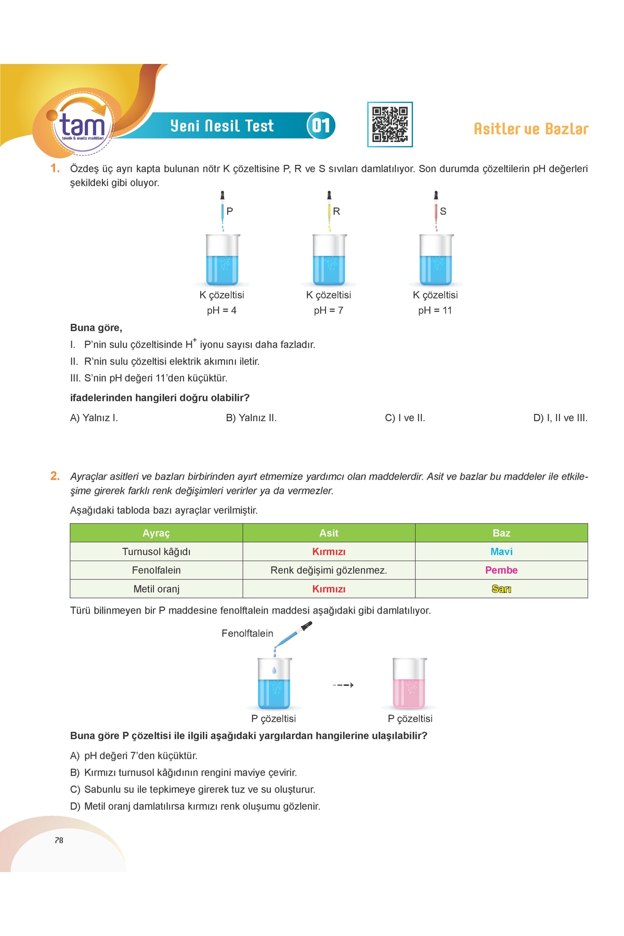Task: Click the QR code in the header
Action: [390, 125]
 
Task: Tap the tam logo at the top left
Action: [82, 125]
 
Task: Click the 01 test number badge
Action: [321, 125]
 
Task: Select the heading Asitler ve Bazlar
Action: [531, 129]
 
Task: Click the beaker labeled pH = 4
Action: [223, 260]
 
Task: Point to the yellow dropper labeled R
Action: [329, 211]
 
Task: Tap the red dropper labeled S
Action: [436, 211]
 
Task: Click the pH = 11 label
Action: [435, 310]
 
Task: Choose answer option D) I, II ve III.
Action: [560, 418]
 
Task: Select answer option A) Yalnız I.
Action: [94, 418]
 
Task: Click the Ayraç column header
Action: [156, 533]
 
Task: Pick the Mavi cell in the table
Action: [501, 552]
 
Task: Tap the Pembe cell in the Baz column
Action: [501, 570]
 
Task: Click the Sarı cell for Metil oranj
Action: [501, 589]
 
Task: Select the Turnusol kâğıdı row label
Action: [156, 552]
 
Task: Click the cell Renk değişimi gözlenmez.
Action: [329, 570]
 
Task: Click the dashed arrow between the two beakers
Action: [343, 685]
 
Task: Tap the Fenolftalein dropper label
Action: [247, 633]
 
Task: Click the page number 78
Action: [59, 840]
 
